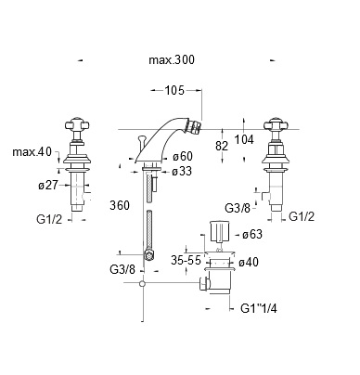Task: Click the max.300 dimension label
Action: [x=172, y=59]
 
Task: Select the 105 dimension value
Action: [x=174, y=90]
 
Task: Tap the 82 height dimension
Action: [x=222, y=146]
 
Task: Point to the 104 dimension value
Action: [x=244, y=139]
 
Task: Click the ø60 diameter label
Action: [x=183, y=156]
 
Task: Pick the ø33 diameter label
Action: [x=182, y=171]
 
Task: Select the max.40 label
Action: [x=32, y=152]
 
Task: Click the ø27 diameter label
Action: [x=48, y=185]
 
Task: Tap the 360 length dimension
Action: [x=120, y=205]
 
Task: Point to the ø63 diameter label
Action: [x=252, y=234]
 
